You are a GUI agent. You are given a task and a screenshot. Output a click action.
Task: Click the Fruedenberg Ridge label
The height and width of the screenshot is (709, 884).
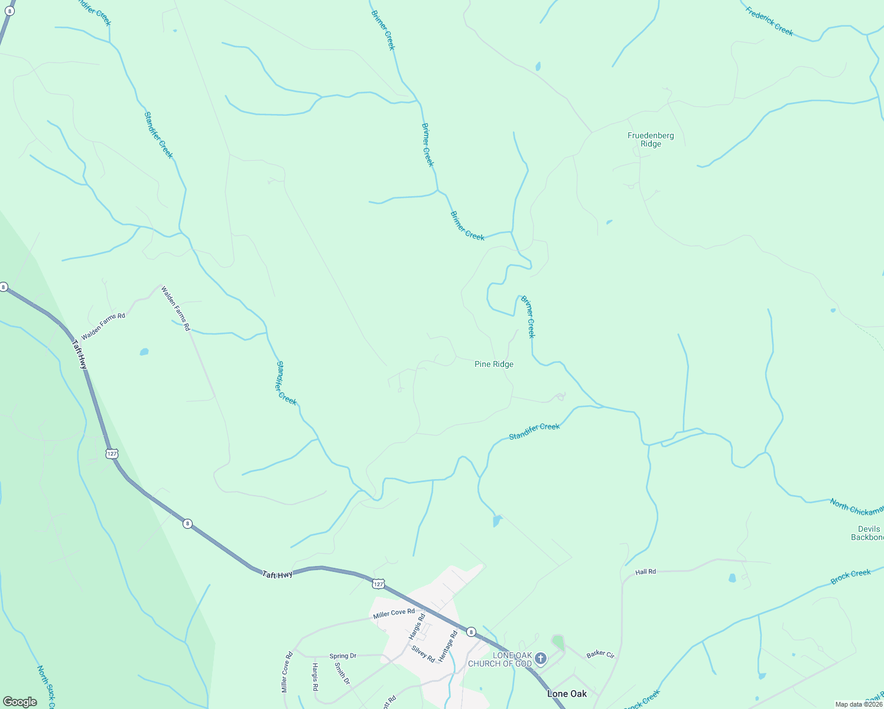point(651,139)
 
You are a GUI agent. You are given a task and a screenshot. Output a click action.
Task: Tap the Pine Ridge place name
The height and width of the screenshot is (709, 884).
point(494,364)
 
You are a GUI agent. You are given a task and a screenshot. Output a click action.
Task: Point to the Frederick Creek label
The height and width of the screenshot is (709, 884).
point(769,21)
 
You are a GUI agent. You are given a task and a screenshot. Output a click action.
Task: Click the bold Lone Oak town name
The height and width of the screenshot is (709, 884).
point(567,694)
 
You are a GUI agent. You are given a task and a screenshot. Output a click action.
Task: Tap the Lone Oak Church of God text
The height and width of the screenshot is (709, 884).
point(500,659)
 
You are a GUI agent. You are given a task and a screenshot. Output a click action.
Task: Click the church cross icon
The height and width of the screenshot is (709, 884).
point(540,658)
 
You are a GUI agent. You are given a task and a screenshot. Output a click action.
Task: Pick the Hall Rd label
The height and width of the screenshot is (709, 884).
point(645,572)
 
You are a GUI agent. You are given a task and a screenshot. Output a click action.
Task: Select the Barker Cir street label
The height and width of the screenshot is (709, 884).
point(600,654)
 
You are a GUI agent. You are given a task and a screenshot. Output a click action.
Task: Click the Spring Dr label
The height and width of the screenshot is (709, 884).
point(343,656)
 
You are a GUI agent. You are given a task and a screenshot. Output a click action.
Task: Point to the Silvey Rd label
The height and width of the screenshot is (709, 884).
point(423,653)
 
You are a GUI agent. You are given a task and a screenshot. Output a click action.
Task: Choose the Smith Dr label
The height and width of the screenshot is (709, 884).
point(342,673)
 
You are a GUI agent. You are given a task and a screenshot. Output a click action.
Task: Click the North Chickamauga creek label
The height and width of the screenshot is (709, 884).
point(856,506)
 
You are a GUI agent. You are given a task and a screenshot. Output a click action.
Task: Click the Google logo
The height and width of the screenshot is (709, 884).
point(20,701)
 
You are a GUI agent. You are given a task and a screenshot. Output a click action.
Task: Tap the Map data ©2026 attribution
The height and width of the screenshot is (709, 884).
point(858,704)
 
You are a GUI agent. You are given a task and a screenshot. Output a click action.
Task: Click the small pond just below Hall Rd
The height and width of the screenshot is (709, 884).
point(733,578)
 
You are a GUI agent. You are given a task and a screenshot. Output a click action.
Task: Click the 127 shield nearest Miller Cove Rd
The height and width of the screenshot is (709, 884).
point(378,584)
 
